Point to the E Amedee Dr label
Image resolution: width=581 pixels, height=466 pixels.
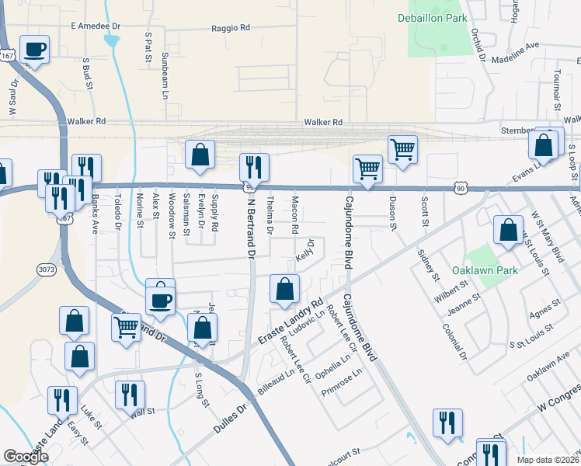(x=96, y=26)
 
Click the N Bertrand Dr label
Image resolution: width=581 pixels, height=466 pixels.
(x=250, y=224)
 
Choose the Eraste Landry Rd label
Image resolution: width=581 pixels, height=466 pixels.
(x=290, y=322)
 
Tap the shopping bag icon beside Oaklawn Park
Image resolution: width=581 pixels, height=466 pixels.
(x=508, y=231)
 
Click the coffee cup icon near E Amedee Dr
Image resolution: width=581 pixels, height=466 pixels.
(x=35, y=50)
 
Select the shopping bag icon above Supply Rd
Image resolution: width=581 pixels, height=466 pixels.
(x=200, y=154)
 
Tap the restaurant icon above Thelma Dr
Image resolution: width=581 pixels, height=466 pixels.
(x=254, y=167)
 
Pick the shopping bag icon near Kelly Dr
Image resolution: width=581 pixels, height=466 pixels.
(x=285, y=289)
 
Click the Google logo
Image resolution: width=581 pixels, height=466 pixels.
(x=26, y=457)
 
